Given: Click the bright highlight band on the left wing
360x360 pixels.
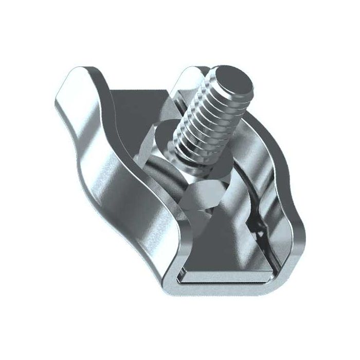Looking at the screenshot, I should click(x=103, y=165).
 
